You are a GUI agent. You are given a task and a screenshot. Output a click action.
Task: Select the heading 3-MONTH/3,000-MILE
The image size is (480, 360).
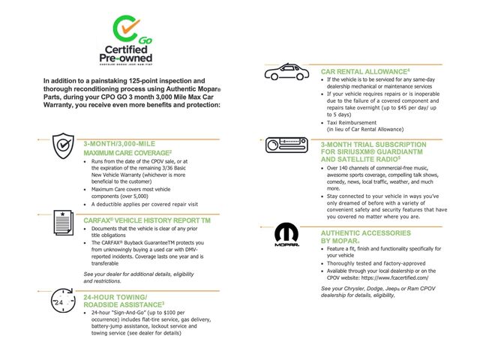tap(120, 142)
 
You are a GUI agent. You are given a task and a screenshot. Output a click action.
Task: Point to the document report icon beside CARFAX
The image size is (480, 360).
tap(62, 223)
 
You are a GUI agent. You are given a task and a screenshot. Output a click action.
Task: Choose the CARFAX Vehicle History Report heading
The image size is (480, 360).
tap(146, 221)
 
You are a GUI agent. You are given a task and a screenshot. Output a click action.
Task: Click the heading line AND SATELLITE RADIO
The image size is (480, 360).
tap(361, 159)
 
